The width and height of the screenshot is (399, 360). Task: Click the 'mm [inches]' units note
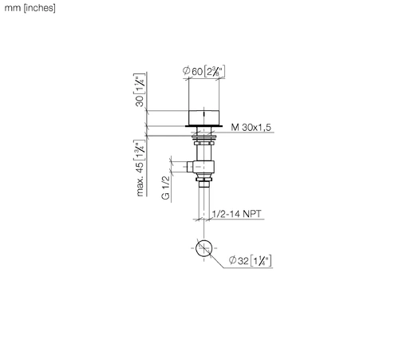click(x=30, y=8)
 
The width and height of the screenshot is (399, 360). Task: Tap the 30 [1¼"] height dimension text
click(x=140, y=90)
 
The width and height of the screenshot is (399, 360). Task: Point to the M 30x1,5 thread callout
click(x=251, y=127)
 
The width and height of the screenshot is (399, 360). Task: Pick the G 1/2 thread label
click(x=165, y=188)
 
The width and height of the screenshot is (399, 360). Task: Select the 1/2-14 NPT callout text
click(x=236, y=214)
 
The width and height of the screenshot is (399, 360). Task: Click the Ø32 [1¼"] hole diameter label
click(x=250, y=260)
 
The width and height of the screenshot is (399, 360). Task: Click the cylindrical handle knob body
click(x=203, y=117)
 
